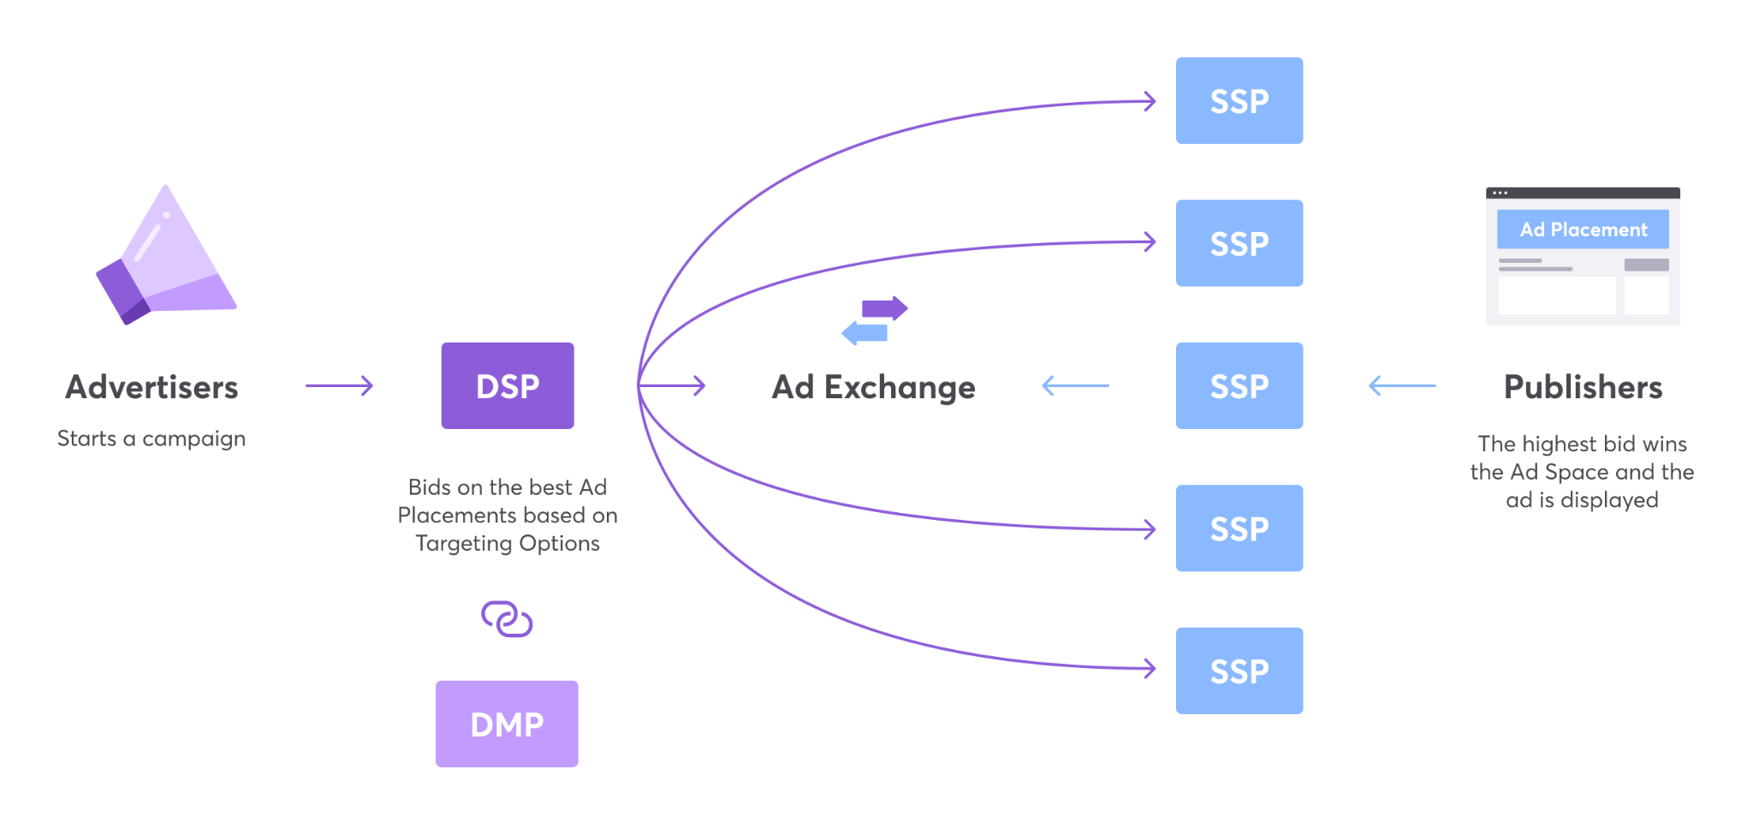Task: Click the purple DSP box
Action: (x=508, y=385)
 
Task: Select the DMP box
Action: (x=507, y=724)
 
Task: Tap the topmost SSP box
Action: (x=1239, y=101)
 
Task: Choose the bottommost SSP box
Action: (x=1239, y=671)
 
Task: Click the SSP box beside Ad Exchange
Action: (x=1239, y=385)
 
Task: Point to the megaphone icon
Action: (x=166, y=257)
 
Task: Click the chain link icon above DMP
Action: (x=507, y=618)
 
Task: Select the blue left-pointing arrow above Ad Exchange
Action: (x=865, y=332)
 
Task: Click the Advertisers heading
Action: (x=152, y=387)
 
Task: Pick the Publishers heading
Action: (x=1583, y=387)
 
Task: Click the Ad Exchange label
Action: (x=873, y=387)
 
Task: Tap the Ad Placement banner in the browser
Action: (x=1583, y=230)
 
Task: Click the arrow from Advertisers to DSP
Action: (x=339, y=385)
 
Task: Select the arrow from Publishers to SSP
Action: (x=1402, y=385)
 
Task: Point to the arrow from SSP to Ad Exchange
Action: (x=1075, y=385)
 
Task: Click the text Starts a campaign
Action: (x=152, y=438)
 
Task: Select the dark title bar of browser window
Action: (x=1583, y=193)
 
